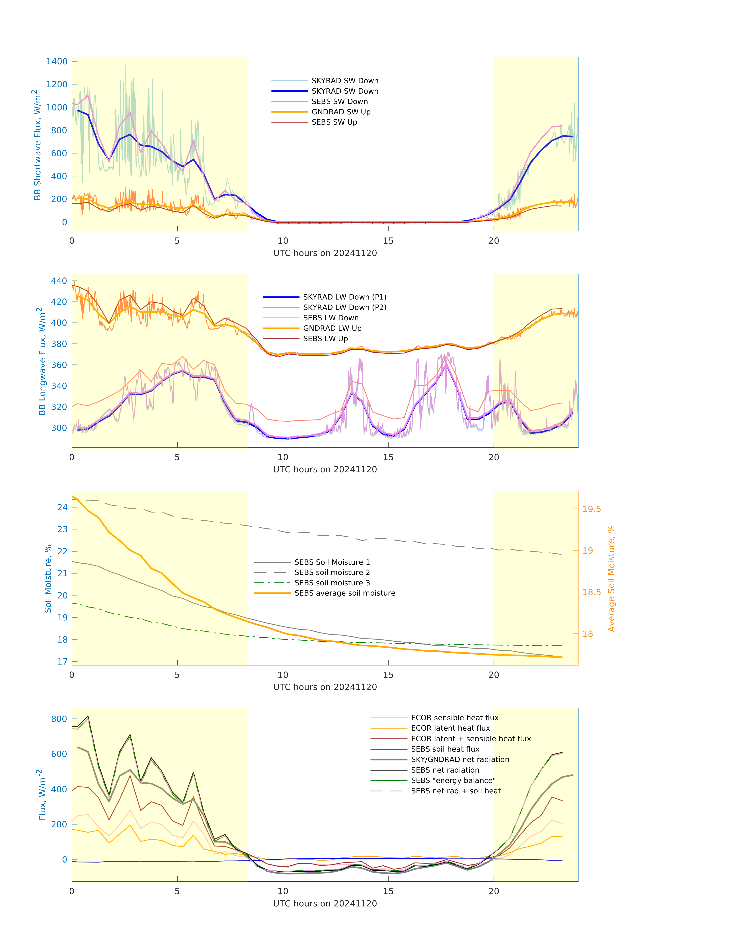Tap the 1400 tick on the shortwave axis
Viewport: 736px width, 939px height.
point(57,61)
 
